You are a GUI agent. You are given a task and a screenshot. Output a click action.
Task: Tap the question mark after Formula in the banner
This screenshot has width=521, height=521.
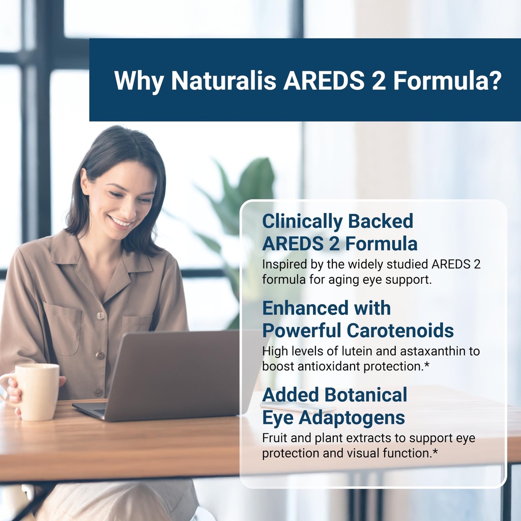point(494,80)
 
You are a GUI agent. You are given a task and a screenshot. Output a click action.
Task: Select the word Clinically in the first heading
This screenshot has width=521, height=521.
point(301,221)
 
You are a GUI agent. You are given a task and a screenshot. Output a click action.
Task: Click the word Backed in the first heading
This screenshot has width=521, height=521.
point(381,221)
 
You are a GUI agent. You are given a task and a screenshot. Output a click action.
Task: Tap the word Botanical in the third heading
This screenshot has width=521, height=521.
point(367,394)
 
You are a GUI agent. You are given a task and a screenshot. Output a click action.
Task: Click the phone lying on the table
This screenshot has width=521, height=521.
point(298,406)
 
